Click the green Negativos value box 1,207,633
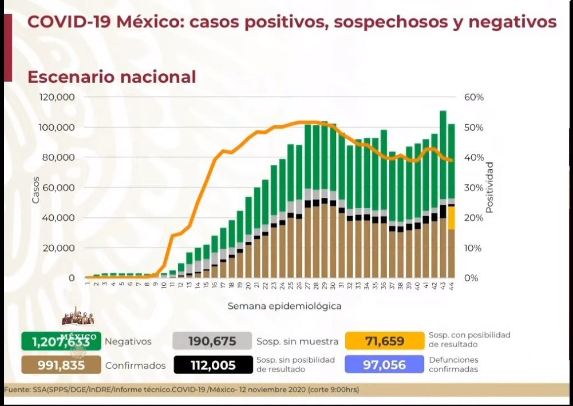61,341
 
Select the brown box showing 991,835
61,365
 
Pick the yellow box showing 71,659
384,341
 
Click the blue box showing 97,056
384,365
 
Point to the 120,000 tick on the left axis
57,97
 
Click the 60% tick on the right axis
474,97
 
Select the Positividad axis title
489,188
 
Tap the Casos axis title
35,190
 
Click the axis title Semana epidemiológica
284,306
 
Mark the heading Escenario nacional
112,77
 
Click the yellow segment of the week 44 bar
451,218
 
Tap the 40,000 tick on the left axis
59,218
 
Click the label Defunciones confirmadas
453,364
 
